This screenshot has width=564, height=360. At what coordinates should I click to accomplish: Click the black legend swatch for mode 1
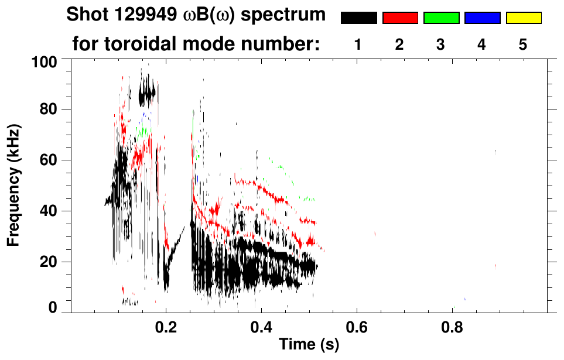point(358,18)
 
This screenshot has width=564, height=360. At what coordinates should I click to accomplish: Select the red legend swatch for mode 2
point(399,18)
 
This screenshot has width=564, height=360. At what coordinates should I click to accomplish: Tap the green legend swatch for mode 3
point(441,18)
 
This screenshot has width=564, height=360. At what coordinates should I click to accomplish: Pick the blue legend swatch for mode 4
point(482,18)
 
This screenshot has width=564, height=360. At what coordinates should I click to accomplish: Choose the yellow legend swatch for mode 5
point(523,18)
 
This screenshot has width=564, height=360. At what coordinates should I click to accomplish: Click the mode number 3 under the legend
point(441,44)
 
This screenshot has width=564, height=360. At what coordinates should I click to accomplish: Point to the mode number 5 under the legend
point(523,44)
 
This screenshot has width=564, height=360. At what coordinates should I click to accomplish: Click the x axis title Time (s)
point(309,345)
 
